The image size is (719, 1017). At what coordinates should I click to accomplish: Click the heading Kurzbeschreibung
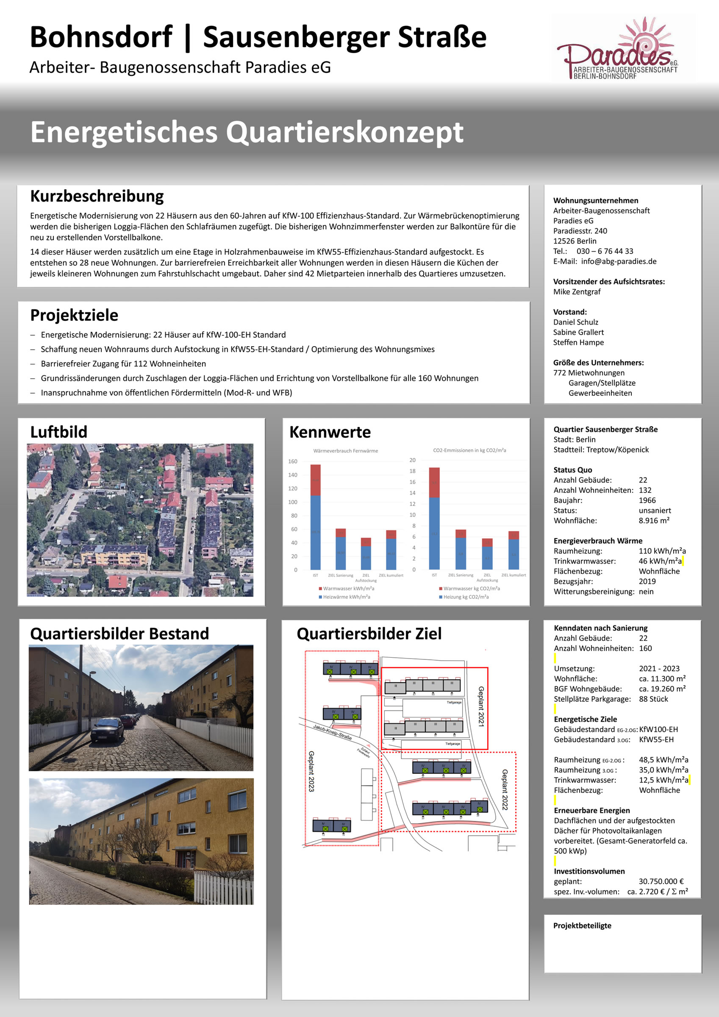97,196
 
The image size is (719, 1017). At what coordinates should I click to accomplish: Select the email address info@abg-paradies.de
619,261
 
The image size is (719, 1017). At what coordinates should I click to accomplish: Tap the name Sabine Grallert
578,332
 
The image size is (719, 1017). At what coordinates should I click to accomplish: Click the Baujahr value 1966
647,500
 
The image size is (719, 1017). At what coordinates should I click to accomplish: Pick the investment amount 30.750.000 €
661,881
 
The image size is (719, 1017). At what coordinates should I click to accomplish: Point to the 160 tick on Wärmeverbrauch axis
293,461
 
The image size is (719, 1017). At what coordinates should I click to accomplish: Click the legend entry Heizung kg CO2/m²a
466,597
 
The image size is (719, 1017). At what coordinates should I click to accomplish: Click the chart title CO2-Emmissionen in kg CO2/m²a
469,450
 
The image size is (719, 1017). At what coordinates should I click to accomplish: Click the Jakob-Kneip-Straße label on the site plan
332,732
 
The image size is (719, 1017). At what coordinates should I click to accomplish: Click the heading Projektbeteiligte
582,925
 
